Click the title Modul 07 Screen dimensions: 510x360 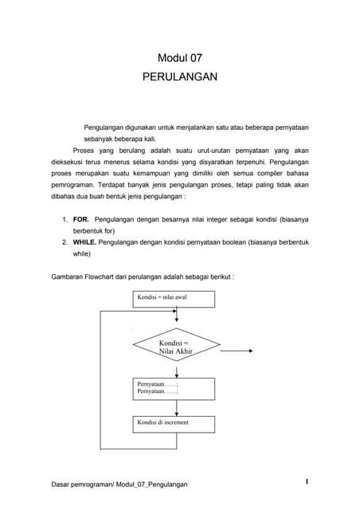179,58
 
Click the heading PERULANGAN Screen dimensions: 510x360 179,79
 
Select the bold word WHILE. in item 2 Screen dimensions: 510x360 87,241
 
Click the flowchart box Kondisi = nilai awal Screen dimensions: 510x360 173,299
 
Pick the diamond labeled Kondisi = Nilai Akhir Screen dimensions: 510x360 174,347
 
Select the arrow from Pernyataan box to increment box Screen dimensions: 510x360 174,407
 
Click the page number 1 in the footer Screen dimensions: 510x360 306,481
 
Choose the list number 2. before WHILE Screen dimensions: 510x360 65,241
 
